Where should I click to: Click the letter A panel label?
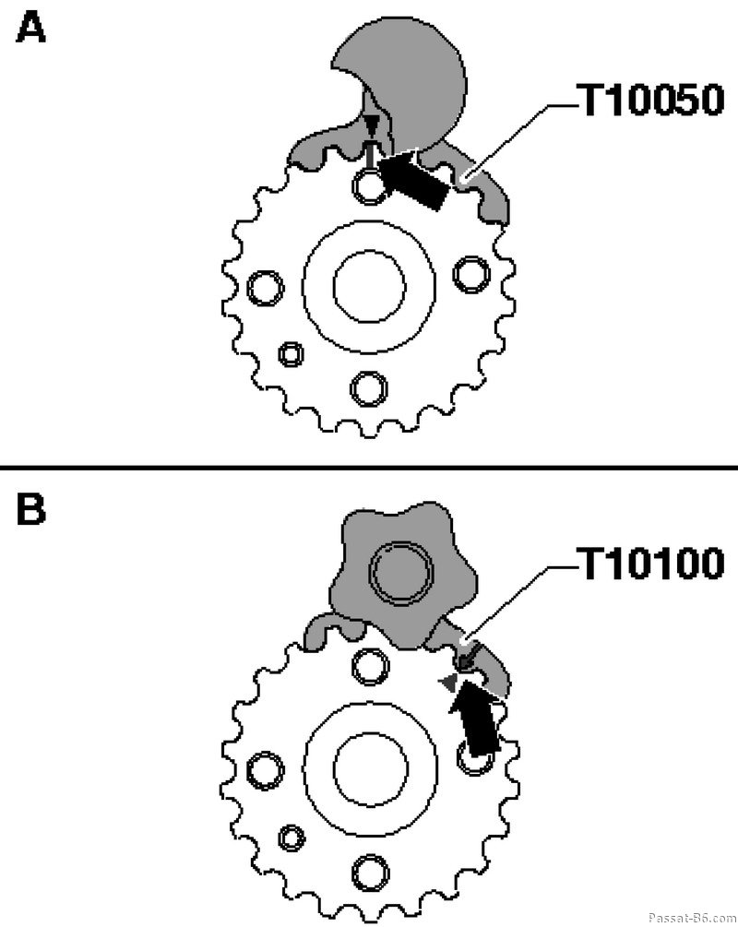coord(30,29)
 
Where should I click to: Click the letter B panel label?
coord(30,509)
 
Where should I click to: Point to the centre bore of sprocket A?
coord(369,286)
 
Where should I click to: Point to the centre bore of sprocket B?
coord(371,768)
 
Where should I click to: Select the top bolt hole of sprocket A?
coord(370,185)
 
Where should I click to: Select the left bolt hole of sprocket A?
coord(265,288)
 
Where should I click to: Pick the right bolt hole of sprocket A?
coord(471,274)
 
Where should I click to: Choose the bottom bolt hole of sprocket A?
coord(369,388)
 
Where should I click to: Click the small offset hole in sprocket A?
coord(291,354)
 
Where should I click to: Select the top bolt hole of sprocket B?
coord(371,667)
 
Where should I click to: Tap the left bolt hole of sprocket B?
coord(265,770)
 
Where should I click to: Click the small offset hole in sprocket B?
coord(291,838)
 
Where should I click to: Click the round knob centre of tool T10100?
coord(401,571)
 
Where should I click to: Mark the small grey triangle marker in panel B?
coord(449,683)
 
